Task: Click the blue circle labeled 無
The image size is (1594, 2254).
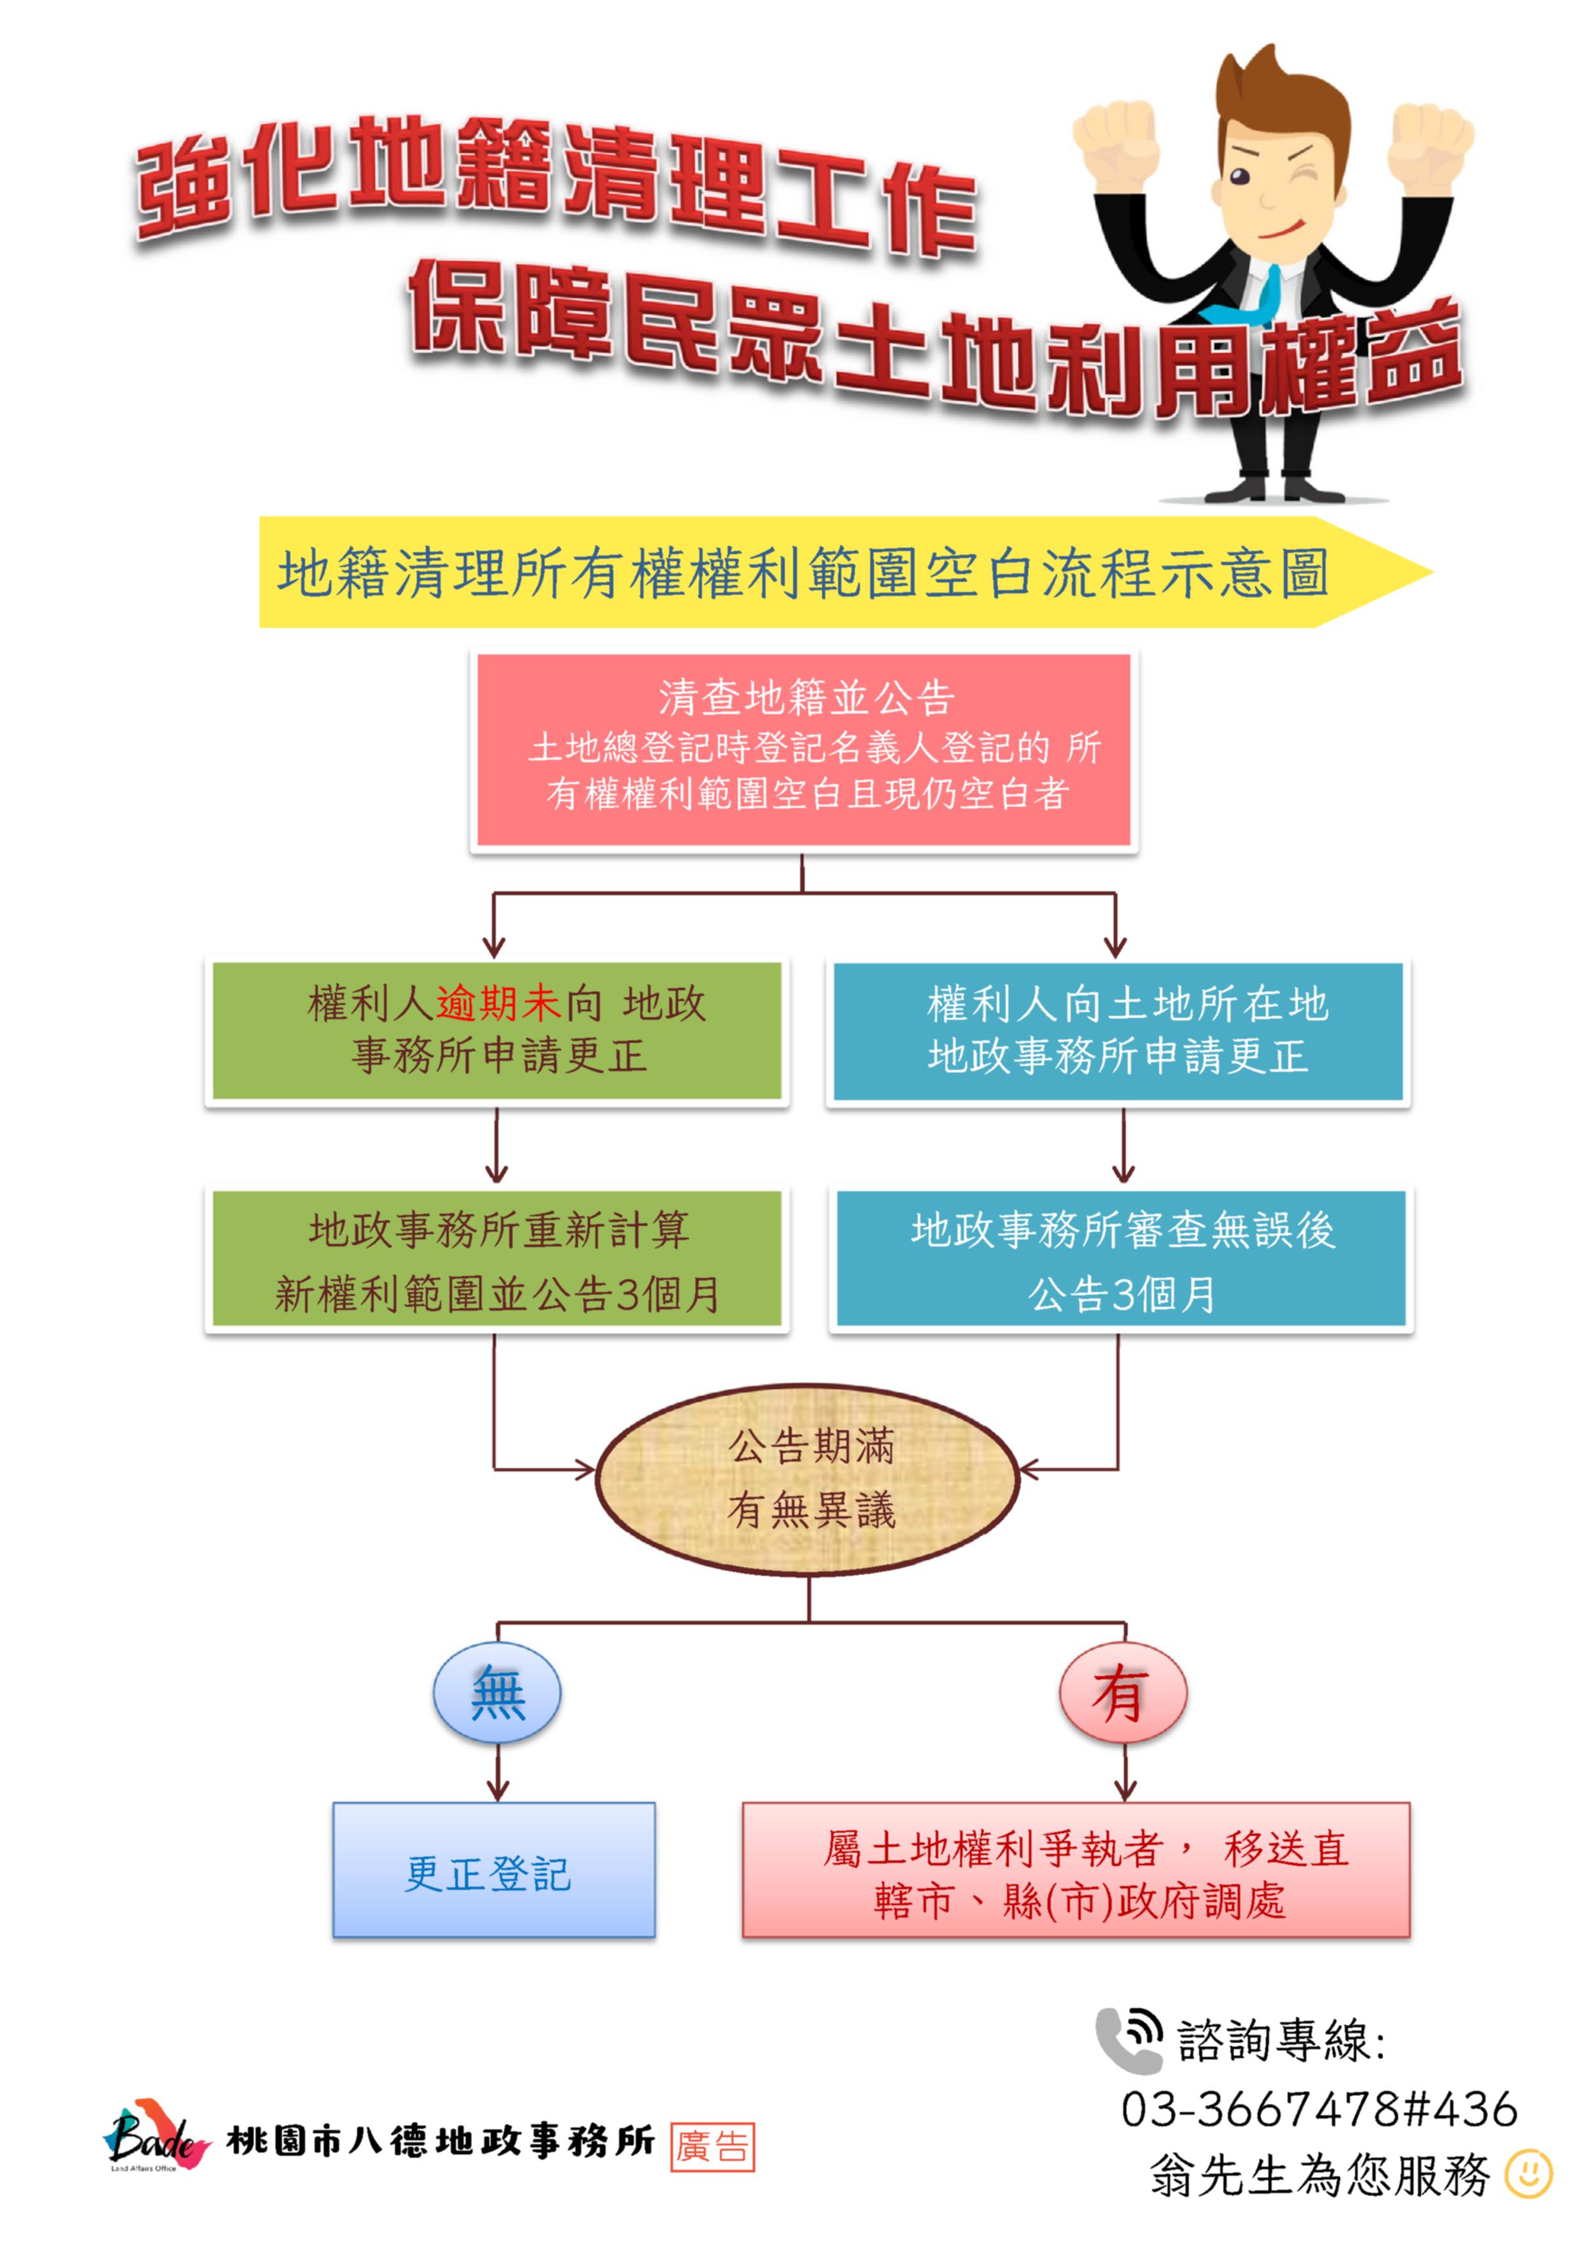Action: point(498,1693)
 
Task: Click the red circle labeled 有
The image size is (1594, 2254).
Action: point(1123,1693)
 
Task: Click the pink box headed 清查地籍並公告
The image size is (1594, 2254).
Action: point(804,750)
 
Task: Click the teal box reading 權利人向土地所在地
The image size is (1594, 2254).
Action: point(1118,1031)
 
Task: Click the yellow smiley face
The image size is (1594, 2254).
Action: point(1529,2174)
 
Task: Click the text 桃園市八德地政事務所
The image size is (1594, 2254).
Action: point(441,2141)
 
